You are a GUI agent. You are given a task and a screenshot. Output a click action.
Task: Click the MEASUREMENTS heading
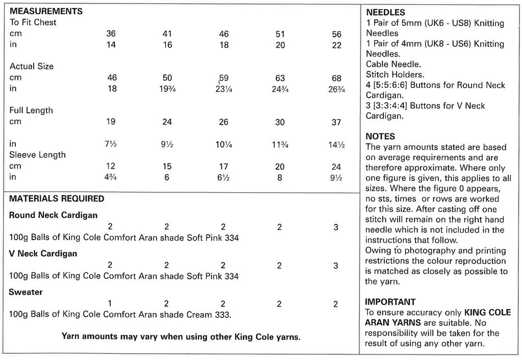(x=46, y=11)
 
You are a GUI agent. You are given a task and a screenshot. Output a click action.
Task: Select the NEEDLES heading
(x=386, y=12)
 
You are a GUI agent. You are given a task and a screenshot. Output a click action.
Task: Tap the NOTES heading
(x=380, y=136)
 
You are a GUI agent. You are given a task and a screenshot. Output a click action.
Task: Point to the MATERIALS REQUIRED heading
(x=57, y=198)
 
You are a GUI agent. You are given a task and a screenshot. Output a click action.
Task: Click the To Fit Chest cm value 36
(x=111, y=34)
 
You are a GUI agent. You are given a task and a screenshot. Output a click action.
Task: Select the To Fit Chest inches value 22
(x=336, y=45)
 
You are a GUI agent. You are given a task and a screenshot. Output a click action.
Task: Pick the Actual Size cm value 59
(x=224, y=78)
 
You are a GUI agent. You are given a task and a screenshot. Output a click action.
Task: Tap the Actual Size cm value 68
(x=336, y=78)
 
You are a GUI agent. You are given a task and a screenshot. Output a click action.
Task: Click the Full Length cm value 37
(x=336, y=122)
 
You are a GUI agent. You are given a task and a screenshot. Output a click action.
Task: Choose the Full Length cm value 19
(x=111, y=122)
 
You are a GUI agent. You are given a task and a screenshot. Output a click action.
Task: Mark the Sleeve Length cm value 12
(x=111, y=166)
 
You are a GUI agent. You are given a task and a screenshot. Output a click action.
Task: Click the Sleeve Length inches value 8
(x=279, y=177)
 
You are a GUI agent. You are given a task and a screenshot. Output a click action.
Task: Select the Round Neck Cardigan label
(x=53, y=215)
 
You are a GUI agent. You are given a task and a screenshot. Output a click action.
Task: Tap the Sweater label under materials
(x=25, y=292)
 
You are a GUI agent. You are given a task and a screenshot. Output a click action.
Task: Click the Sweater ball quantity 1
(x=110, y=304)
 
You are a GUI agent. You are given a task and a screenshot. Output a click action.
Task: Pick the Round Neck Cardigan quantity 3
(x=336, y=227)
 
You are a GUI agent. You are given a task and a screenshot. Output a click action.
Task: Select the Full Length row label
(x=31, y=111)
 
